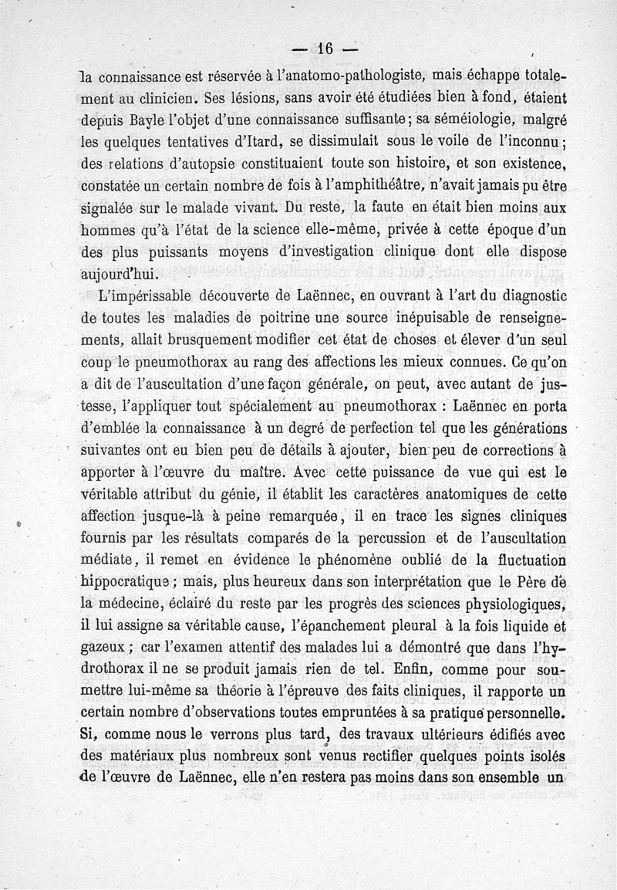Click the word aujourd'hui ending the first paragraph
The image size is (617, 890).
(120, 274)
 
